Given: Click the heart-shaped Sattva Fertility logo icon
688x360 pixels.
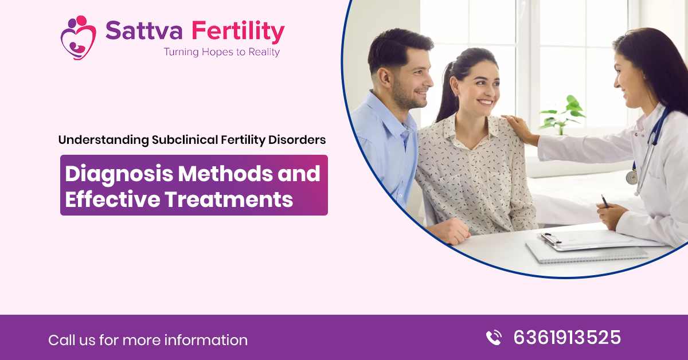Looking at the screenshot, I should click(78, 37).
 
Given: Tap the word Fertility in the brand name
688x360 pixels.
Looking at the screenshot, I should click(238, 33).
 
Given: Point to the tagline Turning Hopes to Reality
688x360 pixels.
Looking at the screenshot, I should click(221, 52).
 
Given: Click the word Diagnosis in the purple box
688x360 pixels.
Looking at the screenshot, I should click(117, 174).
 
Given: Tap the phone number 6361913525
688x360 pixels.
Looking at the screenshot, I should click(566, 337).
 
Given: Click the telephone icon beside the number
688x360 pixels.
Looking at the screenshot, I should click(493, 338).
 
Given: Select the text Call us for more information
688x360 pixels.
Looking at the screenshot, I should click(148, 340).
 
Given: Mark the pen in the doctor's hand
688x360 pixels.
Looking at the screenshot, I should click(604, 201).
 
